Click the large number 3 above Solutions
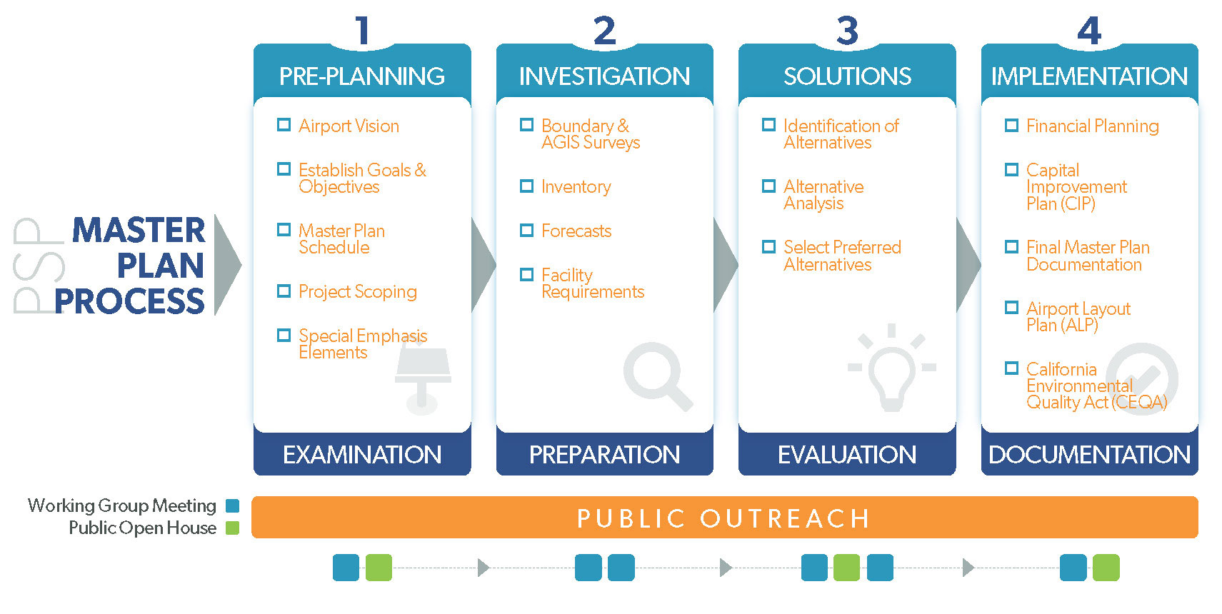click(847, 31)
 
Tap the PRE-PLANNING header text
click(361, 76)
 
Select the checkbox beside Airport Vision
click(284, 125)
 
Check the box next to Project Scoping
click(284, 291)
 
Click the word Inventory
click(576, 187)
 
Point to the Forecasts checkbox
click(526, 230)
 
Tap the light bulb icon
click(891, 368)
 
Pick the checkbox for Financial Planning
click(1011, 126)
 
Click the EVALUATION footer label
click(846, 455)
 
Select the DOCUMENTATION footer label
click(1089, 455)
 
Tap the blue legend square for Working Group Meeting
click(232, 506)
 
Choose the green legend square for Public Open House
click(232, 528)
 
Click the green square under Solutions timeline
click(846, 568)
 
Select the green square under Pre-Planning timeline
click(379, 568)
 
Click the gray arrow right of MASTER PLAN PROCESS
click(228, 265)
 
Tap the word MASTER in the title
click(139, 230)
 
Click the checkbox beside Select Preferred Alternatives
click(768, 247)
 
